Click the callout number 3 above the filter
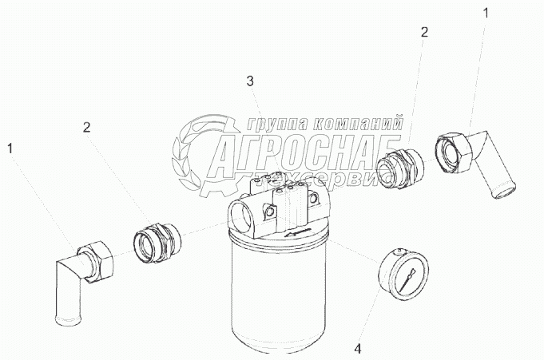(250, 82)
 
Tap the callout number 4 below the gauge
(358, 348)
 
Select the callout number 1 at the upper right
(486, 14)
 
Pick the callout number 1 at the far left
(10, 148)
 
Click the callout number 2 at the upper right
(424, 32)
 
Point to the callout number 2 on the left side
(86, 128)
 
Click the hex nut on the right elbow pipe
(453, 152)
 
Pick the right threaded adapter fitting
(400, 167)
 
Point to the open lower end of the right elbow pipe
(503, 192)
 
